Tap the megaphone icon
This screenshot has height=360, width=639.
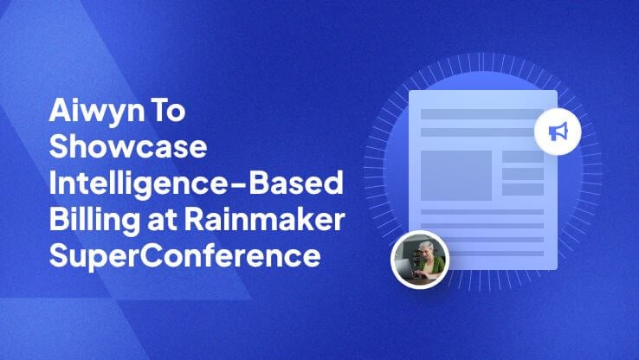pyautogui.click(x=558, y=132)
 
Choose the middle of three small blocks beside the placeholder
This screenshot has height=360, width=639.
pyautogui.click(x=523, y=173)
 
